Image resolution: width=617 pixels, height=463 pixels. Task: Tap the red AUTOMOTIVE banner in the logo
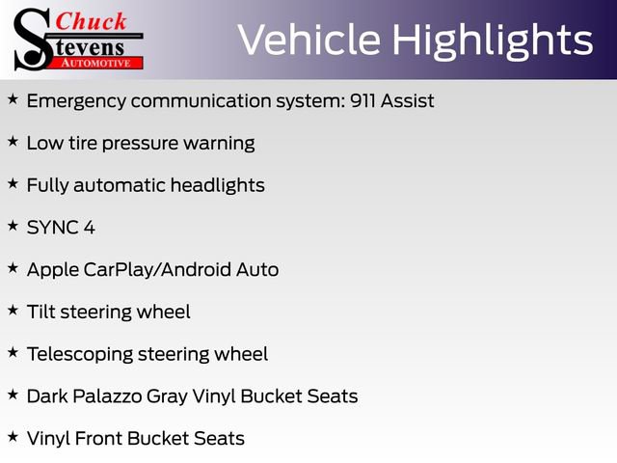coord(97,62)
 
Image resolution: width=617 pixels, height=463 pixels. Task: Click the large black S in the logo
coord(32,39)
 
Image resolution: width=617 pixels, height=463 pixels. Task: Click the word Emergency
coord(80,100)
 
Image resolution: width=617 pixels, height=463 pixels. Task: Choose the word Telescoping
coord(79,354)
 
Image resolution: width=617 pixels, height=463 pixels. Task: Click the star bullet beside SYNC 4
coord(13,226)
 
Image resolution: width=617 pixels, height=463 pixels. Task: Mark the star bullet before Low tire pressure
coord(13,141)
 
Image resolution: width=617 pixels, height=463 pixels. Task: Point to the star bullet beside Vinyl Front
coord(13,437)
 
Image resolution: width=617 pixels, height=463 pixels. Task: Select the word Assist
coord(409,100)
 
